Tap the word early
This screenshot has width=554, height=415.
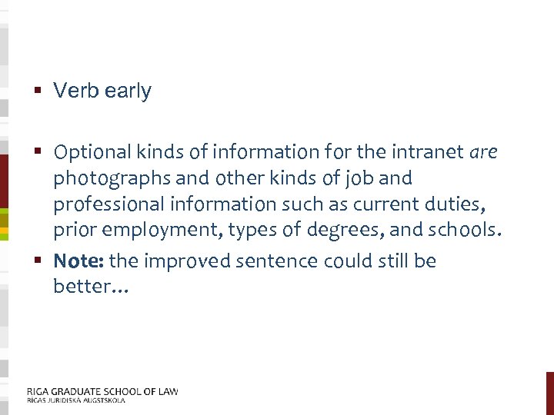click(128, 91)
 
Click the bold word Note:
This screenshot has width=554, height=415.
click(79, 261)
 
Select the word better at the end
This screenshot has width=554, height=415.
click(86, 287)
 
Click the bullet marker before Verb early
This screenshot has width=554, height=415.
click(38, 91)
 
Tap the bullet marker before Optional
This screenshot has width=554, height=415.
click(38, 152)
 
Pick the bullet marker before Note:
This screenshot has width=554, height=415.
click(38, 261)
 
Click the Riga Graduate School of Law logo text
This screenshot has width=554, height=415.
click(102, 391)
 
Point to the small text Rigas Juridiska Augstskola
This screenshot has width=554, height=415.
click(75, 400)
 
